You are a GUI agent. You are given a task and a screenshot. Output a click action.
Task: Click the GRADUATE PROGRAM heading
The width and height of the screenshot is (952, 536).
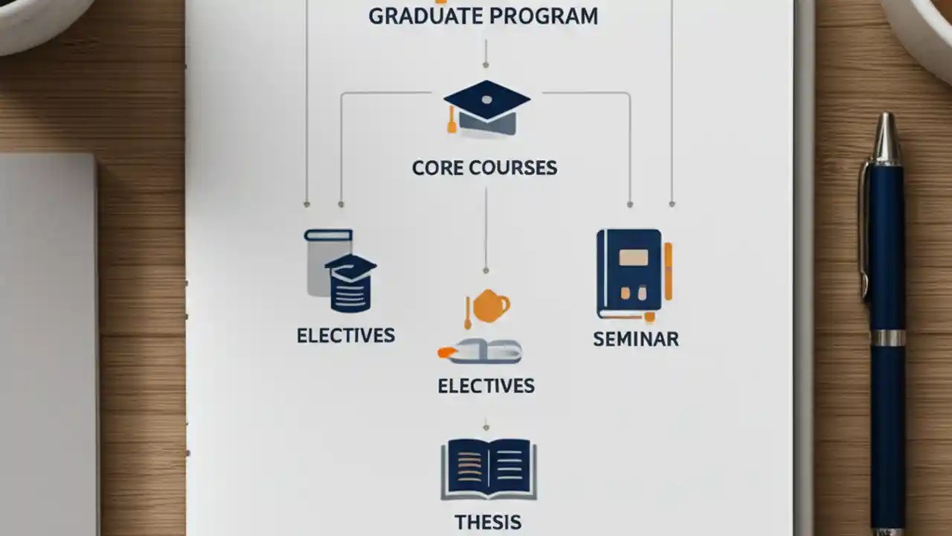(483, 16)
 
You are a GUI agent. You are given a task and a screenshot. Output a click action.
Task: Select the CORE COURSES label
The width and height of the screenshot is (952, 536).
(485, 167)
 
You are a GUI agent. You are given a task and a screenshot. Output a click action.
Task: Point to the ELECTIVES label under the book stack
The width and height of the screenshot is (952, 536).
(346, 335)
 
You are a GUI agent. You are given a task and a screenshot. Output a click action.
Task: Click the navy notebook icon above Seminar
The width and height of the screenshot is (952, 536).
(629, 274)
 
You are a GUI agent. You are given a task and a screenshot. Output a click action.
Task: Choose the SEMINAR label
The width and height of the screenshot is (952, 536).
(636, 339)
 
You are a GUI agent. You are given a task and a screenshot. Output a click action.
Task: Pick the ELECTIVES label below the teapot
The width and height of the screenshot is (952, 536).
(486, 386)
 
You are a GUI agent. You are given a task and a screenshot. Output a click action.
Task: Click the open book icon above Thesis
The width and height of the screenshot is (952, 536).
(489, 468)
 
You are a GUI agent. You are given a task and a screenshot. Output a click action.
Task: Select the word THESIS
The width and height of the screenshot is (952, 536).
(489, 521)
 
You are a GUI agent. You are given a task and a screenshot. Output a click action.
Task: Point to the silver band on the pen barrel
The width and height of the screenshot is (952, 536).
(888, 338)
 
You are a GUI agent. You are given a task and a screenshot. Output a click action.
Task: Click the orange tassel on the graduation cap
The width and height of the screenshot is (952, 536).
(451, 122)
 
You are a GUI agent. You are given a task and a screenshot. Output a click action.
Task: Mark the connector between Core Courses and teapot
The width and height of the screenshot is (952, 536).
(486, 227)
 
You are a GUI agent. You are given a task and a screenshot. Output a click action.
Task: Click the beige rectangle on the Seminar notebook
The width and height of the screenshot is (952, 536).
(633, 257)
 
